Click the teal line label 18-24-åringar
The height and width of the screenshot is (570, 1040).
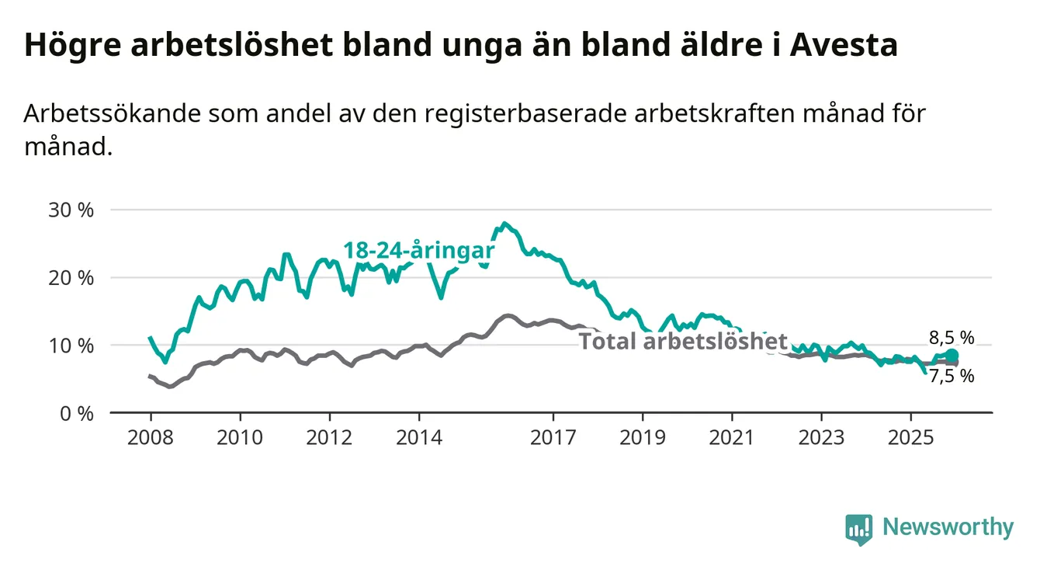[x=419, y=251]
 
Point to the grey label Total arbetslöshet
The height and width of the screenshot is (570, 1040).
[x=683, y=342]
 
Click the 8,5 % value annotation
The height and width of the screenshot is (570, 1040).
[x=951, y=338]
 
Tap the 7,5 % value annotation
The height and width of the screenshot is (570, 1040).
[x=951, y=377]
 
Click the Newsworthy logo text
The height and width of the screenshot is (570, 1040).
[x=948, y=528]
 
